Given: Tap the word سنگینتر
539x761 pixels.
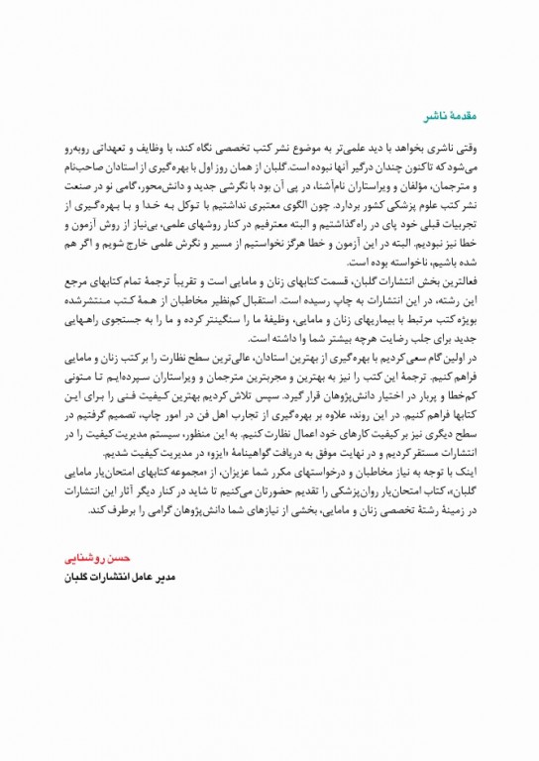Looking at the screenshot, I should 236,317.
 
